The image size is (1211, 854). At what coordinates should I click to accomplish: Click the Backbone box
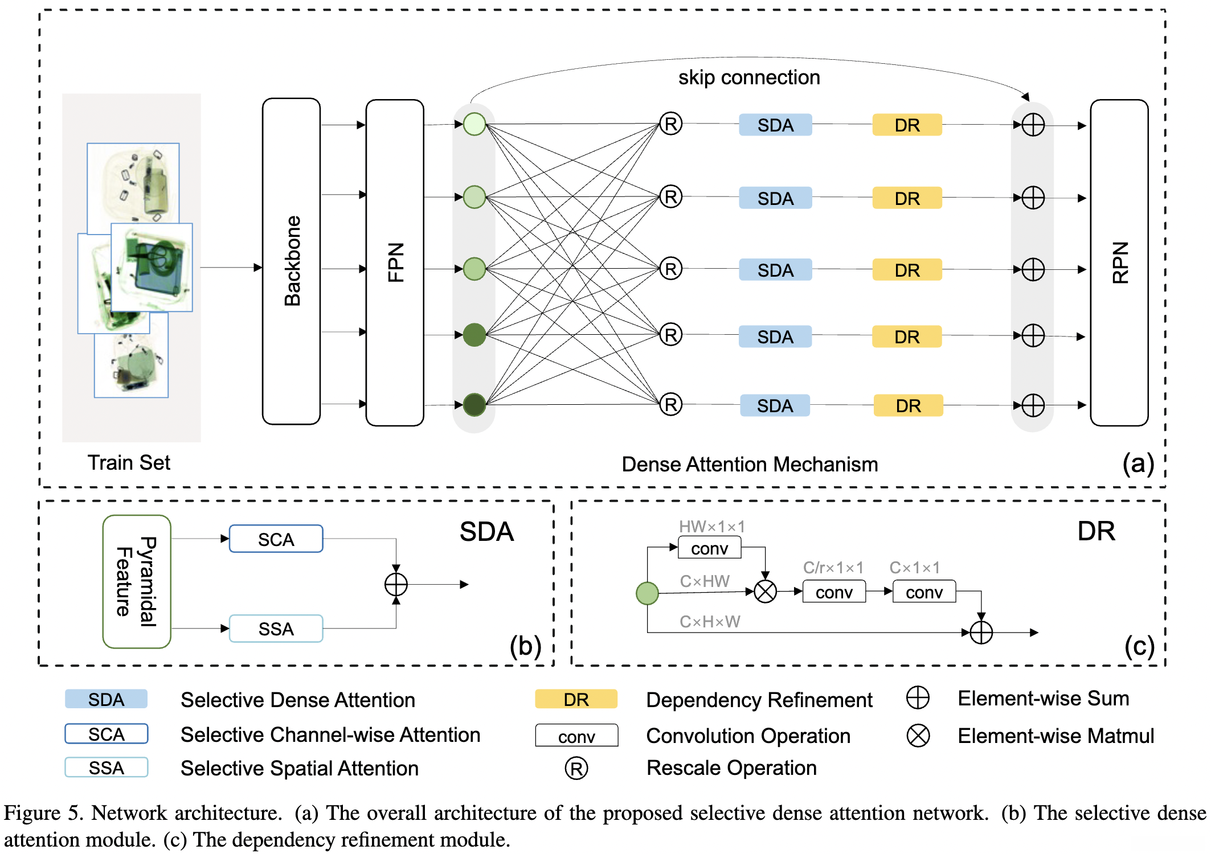point(291,261)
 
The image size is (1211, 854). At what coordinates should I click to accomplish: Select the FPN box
point(395,262)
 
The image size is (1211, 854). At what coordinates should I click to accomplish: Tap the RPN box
point(1119,262)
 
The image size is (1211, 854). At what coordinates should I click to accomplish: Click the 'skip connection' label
point(748,77)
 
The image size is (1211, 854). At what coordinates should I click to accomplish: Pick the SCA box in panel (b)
point(276,539)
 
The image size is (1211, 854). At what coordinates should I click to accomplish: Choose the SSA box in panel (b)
point(276,629)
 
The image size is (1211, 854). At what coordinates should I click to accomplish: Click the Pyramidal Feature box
point(137,581)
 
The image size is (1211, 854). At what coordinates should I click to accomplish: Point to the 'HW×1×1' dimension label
point(711,527)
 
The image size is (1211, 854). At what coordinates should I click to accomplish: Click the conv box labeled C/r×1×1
point(834,592)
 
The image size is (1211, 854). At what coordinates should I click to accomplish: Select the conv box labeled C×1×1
point(924,592)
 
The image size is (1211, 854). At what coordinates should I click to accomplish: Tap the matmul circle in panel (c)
point(765,592)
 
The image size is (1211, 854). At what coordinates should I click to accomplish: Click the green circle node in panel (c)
point(647,593)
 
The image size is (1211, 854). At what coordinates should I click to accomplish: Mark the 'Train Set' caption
point(129,463)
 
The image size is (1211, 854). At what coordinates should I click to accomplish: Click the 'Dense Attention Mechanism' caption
point(749,465)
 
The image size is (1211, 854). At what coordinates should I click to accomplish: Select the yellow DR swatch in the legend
point(576,699)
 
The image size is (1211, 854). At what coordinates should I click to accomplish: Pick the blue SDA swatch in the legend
point(106,699)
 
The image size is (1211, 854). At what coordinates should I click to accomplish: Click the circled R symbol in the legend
point(576,769)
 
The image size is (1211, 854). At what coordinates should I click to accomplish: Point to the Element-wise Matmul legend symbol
point(918,736)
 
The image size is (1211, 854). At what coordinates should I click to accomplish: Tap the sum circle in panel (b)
point(396,584)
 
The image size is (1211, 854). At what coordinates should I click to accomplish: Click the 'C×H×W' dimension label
point(710,622)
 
